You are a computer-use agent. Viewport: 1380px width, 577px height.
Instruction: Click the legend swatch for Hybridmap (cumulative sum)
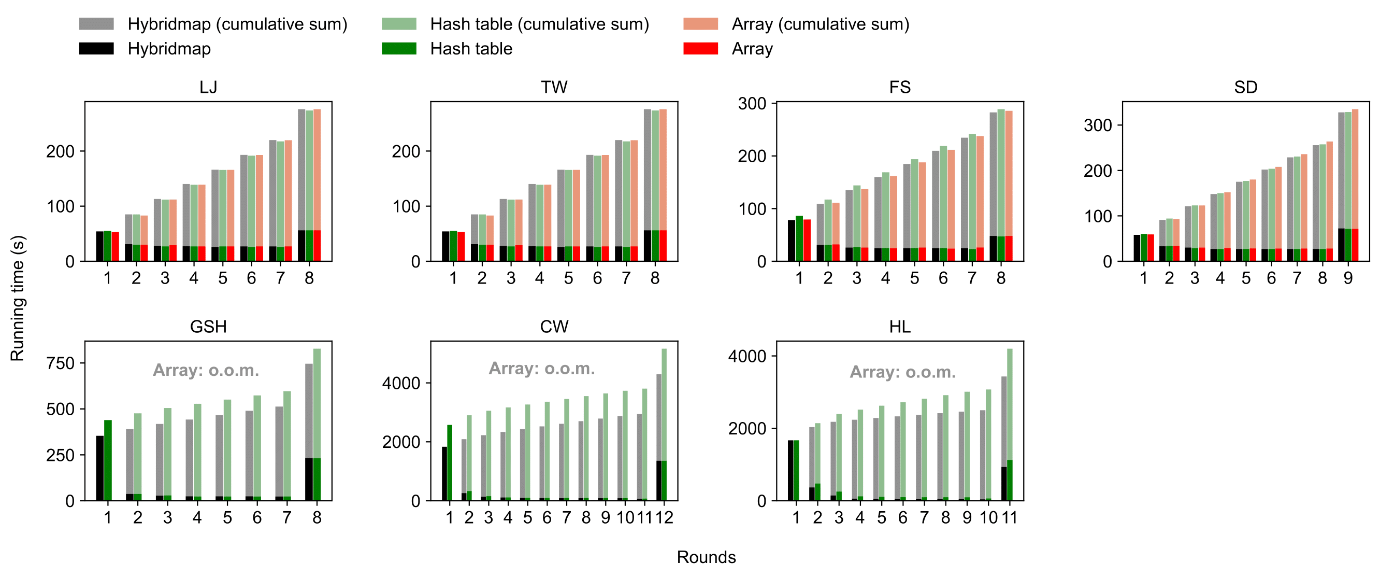click(x=96, y=24)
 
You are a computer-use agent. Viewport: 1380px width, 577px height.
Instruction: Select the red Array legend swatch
click(x=700, y=49)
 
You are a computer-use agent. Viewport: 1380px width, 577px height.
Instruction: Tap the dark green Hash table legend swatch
click(x=398, y=49)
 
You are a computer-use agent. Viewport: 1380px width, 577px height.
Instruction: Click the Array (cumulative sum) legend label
click(x=820, y=24)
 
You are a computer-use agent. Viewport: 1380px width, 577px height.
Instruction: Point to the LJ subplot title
click(x=208, y=87)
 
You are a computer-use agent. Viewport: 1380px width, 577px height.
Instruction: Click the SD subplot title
click(x=1245, y=87)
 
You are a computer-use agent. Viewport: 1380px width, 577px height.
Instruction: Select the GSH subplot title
click(x=208, y=327)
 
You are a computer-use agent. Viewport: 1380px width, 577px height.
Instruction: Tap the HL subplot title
click(x=899, y=327)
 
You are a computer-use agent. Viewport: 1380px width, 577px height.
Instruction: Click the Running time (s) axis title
click(x=17, y=298)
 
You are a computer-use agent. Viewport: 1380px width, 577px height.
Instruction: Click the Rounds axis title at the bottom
click(x=706, y=557)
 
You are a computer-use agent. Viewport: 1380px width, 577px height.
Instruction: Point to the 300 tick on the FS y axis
click(x=752, y=104)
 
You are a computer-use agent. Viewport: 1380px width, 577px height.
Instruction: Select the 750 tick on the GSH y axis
click(x=61, y=363)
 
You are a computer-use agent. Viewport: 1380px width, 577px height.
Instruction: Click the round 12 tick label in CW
click(x=664, y=517)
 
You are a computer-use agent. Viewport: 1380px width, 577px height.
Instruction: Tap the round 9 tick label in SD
click(x=1348, y=278)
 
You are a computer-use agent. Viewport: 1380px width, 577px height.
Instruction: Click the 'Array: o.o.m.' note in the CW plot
click(x=542, y=369)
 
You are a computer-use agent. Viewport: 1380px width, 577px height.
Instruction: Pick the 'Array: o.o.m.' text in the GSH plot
click(x=206, y=370)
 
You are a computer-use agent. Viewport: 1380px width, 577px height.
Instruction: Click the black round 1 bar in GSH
click(x=99, y=468)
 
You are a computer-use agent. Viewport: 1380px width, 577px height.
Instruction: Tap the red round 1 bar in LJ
click(x=115, y=246)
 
